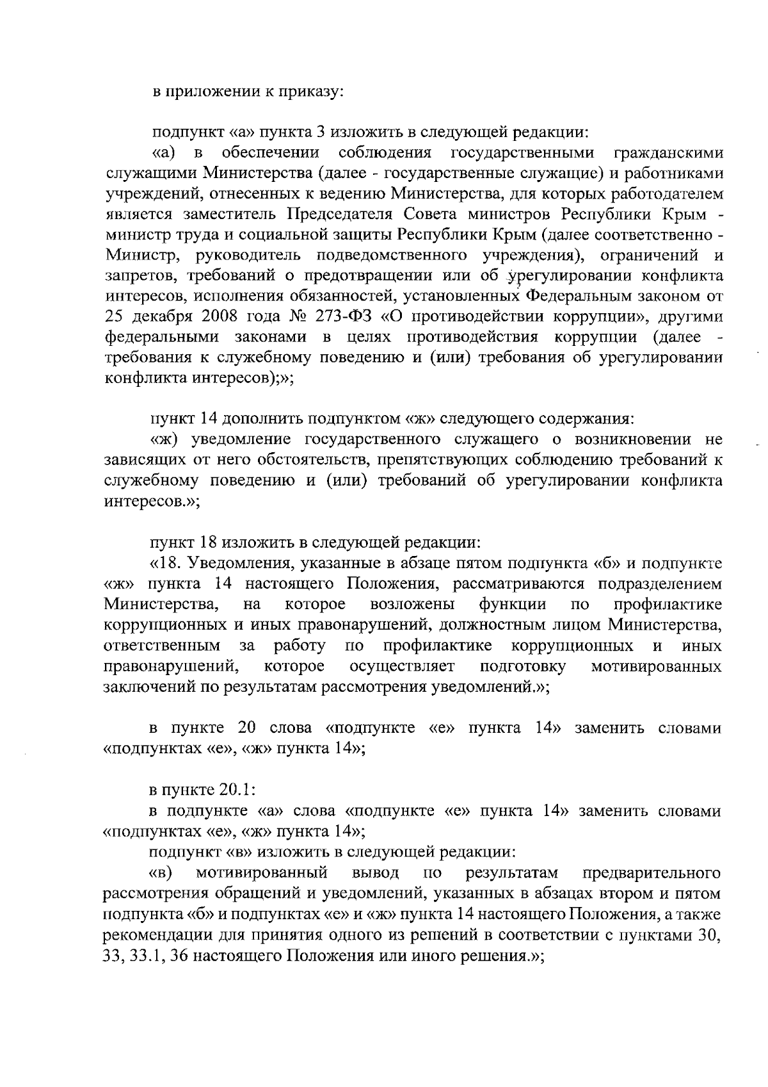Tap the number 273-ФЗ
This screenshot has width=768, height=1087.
(349, 316)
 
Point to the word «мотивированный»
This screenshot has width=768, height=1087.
(262, 872)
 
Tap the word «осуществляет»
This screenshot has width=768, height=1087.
(403, 667)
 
